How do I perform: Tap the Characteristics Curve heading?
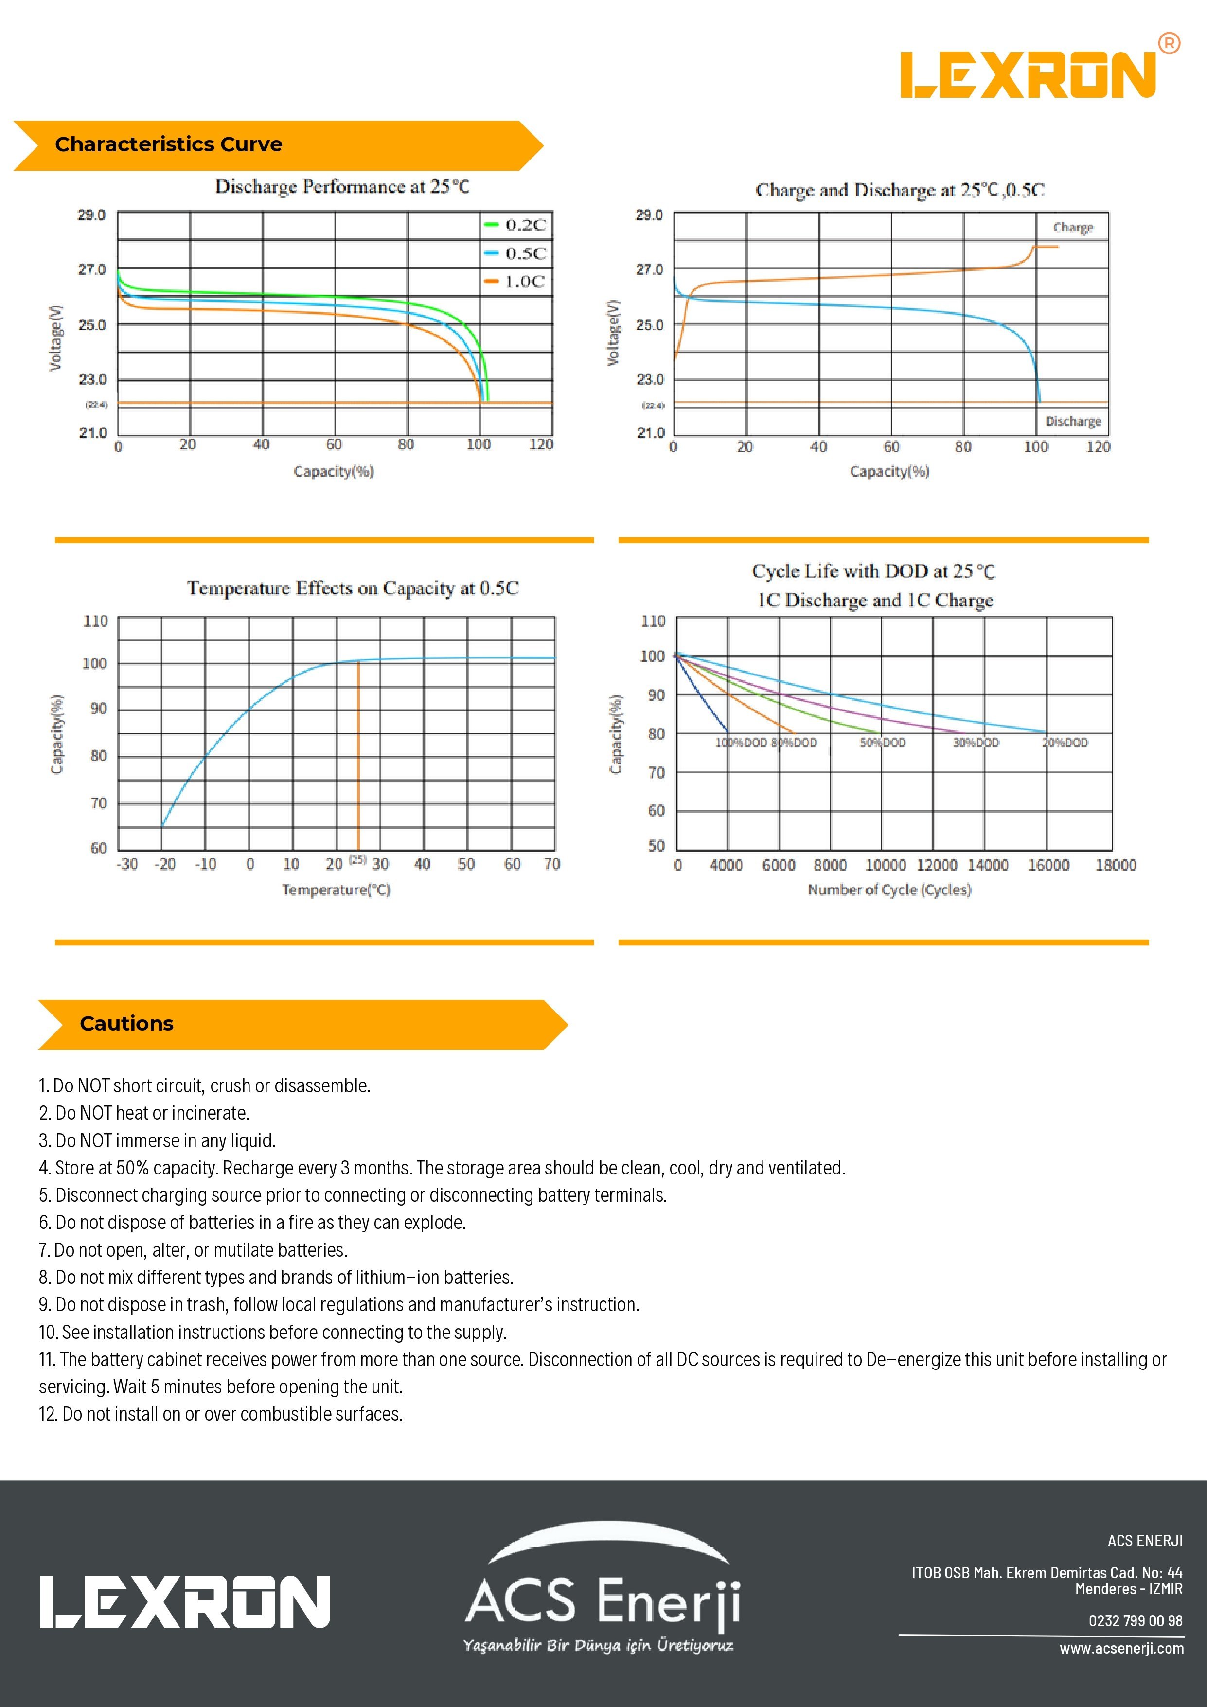[169, 144]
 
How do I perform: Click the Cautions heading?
[126, 1024]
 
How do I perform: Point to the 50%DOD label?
[883, 743]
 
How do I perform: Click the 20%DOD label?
[1066, 743]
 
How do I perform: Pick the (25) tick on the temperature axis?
[357, 860]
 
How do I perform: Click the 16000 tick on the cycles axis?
[1048, 865]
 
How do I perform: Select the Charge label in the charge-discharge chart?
[1072, 228]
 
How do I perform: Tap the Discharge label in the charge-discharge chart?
[1073, 422]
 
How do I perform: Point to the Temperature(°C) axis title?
[336, 890]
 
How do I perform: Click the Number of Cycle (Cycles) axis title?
[889, 890]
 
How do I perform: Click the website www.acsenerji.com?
[1121, 1648]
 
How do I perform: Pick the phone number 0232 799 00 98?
[1135, 1621]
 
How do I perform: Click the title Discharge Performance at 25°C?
[342, 187]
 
